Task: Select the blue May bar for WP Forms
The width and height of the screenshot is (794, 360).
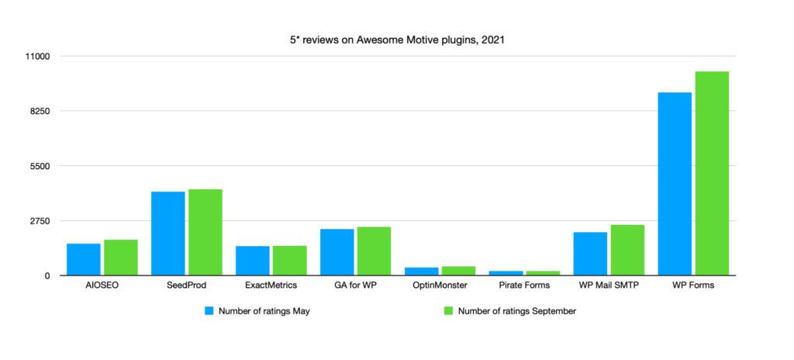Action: point(675,184)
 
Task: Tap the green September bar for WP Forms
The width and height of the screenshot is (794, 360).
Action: point(712,174)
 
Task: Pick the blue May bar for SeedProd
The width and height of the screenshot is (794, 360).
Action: point(168,234)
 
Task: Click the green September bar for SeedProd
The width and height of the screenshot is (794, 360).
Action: point(205,232)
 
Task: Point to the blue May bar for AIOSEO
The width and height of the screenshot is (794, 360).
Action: point(84,260)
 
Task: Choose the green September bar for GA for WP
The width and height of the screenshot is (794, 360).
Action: point(375,251)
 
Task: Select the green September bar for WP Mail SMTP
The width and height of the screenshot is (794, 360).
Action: point(627,251)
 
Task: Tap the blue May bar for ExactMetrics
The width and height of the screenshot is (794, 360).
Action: point(253,261)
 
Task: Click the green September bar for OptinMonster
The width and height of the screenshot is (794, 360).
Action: point(459,272)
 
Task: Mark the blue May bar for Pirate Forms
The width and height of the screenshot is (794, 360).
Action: point(506,273)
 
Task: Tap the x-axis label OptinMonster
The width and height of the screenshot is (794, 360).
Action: point(440,286)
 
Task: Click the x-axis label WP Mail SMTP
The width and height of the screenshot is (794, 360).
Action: point(609,286)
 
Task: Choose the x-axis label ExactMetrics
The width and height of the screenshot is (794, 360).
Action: point(271,286)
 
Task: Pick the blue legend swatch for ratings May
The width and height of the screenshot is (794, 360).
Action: point(209,311)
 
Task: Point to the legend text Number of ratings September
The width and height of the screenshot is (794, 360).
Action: point(517,311)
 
